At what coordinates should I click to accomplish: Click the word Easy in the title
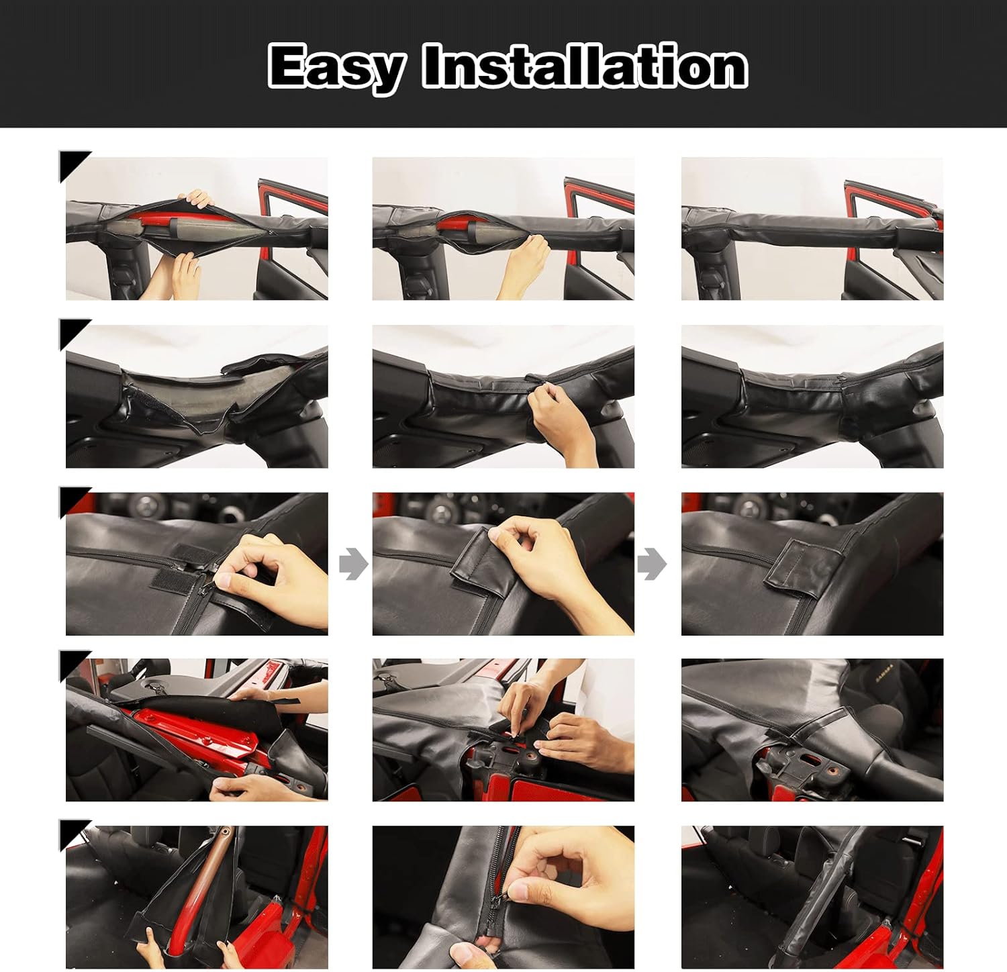(336, 67)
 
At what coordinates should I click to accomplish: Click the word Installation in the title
(584, 67)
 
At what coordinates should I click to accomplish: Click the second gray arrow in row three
(651, 564)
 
